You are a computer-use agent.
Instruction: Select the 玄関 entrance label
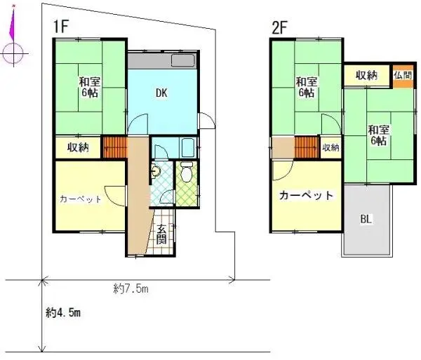coord(161,233)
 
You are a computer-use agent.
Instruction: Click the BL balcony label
coord(366,219)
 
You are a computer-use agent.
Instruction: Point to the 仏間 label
coord(403,75)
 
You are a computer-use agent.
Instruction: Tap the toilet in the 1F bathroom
coord(186,172)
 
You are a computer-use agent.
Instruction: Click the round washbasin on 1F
coord(156,169)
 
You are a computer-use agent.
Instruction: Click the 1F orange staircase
coord(114,147)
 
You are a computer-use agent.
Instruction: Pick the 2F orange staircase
coord(307,148)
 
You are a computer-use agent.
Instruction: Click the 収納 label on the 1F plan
coord(78,147)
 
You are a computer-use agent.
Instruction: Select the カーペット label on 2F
coord(305,196)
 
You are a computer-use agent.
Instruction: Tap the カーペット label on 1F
coord(81,199)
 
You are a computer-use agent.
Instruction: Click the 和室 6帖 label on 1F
coord(88,86)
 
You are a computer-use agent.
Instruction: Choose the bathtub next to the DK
coord(187,147)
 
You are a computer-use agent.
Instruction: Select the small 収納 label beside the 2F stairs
coord(330,148)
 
